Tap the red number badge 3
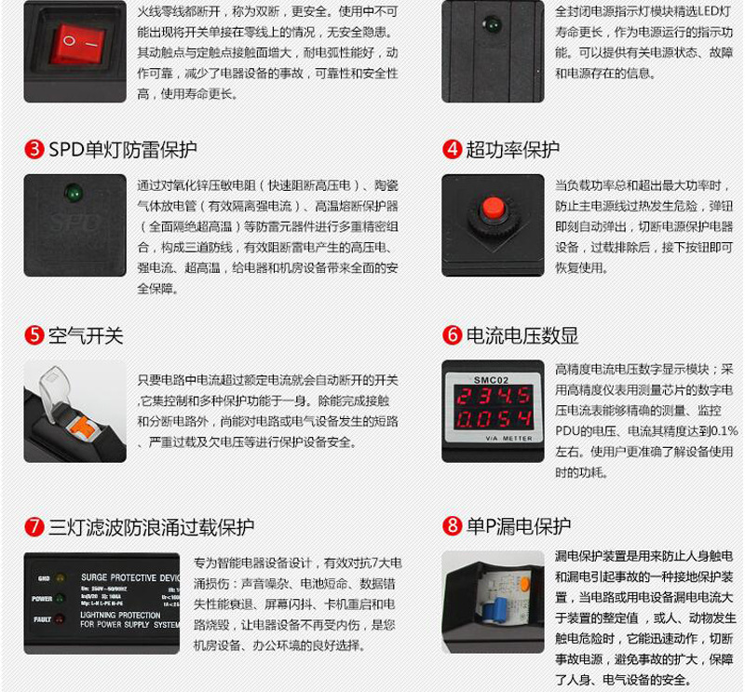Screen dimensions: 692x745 click(34, 150)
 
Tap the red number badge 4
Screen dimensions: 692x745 click(452, 150)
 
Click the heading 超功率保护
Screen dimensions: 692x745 click(512, 150)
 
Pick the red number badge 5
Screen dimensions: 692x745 click(34, 335)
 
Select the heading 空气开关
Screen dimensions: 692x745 click(86, 335)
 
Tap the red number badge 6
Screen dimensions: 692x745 click(452, 335)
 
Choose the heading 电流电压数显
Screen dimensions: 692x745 click(522, 335)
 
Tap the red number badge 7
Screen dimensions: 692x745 click(34, 527)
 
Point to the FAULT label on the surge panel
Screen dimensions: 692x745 click(42, 619)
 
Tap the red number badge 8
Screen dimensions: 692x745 click(452, 527)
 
